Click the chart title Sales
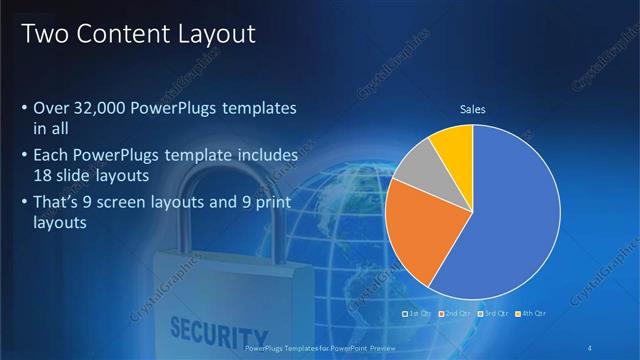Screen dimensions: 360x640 pos(472,109)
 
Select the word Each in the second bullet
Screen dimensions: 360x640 pos(51,157)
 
